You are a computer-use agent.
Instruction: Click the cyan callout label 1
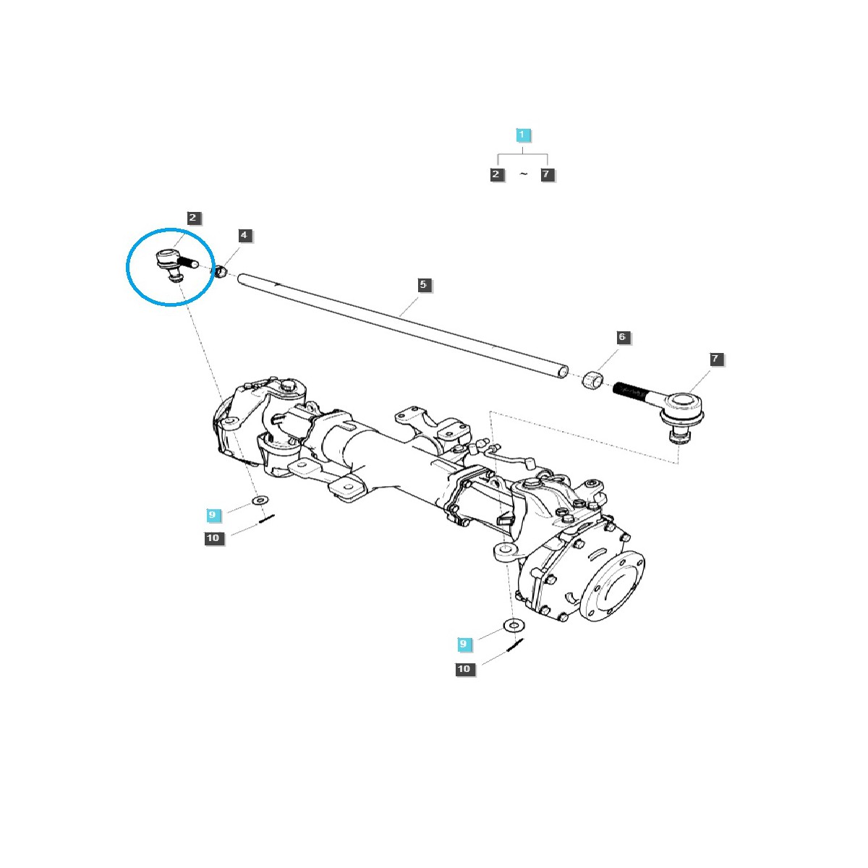point(523,135)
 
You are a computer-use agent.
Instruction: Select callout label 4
point(244,236)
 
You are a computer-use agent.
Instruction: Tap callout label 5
point(423,285)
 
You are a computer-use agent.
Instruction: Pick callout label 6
point(621,338)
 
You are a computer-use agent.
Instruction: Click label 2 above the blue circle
point(192,218)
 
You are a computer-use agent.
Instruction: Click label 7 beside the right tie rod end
point(715,359)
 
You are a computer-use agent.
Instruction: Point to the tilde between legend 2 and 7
point(523,175)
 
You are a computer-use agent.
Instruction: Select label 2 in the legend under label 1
point(496,174)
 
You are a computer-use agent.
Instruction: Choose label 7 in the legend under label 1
point(547,174)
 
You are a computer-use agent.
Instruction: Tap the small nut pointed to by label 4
point(222,271)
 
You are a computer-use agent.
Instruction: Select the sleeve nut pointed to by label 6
point(593,379)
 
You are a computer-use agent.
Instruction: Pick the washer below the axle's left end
point(260,501)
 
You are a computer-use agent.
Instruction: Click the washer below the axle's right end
point(513,625)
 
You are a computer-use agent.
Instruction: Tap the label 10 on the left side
point(213,538)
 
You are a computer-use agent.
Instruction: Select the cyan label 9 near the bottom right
point(464,644)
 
